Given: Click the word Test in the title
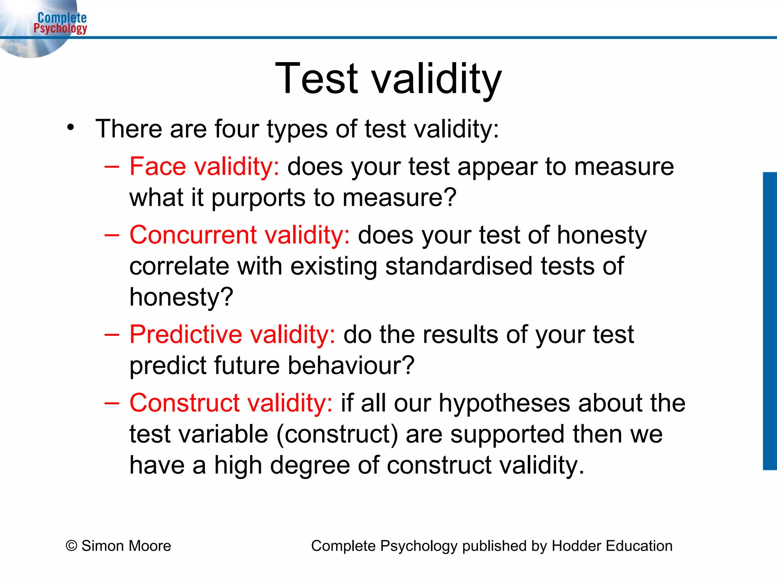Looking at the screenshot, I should tap(316, 79).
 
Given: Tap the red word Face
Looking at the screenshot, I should tap(157, 167).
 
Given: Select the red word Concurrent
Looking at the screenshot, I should tap(193, 235).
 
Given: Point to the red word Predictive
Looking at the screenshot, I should tap(186, 335).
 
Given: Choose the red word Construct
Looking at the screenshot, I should tap(184, 403).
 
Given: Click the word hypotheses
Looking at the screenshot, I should tap(505, 403).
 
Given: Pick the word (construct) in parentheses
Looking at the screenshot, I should tap(337, 434).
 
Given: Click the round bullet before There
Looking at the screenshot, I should tap(70, 128).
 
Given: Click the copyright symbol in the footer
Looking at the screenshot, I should tap(71, 546).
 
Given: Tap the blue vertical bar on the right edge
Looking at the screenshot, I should tap(770, 321).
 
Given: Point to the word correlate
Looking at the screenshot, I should tap(179, 266).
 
